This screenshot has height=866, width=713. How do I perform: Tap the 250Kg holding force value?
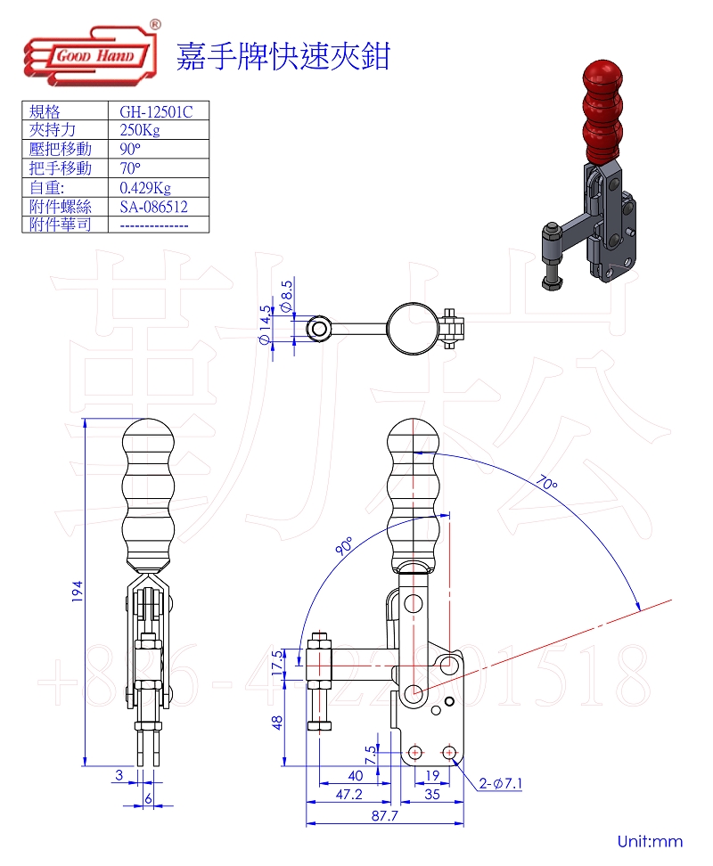coord(140,130)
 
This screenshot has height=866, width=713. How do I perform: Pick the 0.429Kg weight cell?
coord(145,187)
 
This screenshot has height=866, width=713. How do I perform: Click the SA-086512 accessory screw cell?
coord(153,206)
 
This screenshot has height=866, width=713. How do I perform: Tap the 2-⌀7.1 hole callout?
coord(500,784)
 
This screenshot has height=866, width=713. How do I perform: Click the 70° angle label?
coord(546,485)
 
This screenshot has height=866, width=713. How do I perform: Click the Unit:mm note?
coord(650,841)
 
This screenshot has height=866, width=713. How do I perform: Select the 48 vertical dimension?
coord(277,722)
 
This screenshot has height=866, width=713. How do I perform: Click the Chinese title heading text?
coord(283,55)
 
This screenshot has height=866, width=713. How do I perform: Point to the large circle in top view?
coord(413,329)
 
